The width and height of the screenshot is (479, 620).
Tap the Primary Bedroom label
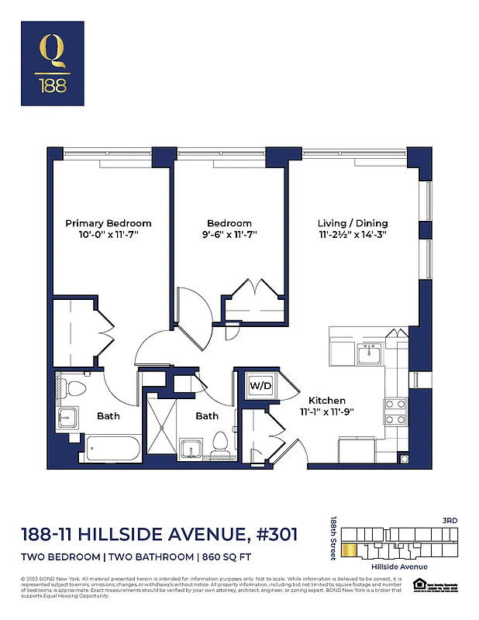tap(108, 223)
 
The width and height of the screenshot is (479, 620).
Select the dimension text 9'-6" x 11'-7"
tap(229, 234)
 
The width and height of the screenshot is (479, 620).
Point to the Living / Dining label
tap(353, 223)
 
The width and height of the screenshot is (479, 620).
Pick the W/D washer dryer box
tap(258, 385)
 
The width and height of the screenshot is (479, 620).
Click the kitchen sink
tap(367, 355)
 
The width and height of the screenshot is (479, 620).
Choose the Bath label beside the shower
tap(206, 416)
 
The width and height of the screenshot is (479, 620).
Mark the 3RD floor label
tap(451, 519)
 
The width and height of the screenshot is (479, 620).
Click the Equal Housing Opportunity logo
tap(419, 584)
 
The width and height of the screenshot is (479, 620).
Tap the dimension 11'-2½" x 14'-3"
tap(353, 234)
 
